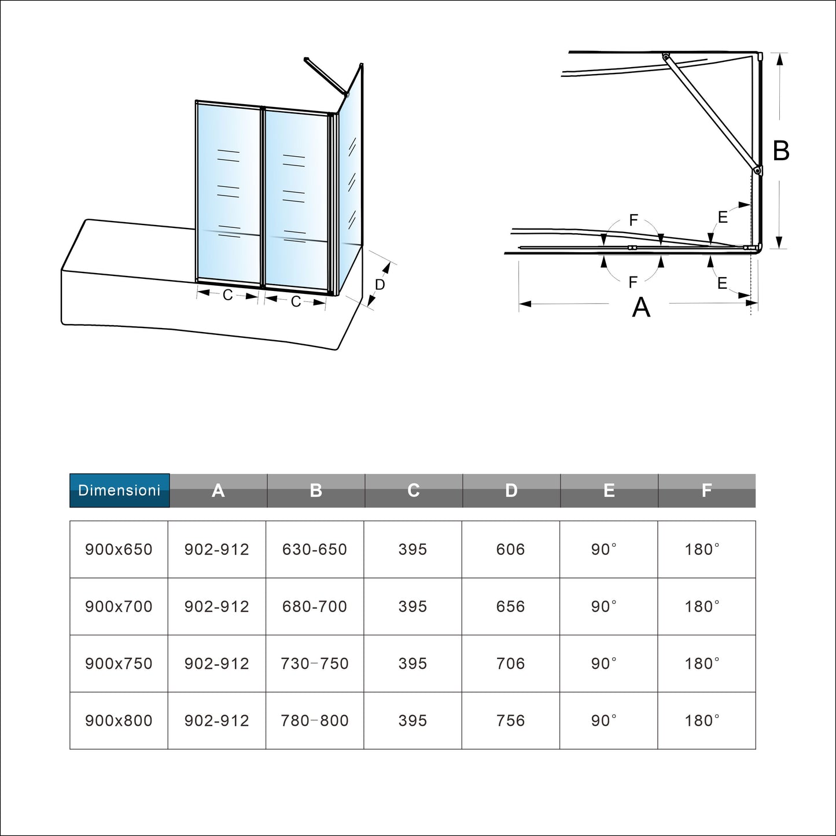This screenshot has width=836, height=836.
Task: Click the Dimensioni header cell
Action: tap(119, 491)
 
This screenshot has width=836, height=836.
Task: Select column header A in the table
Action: tap(218, 491)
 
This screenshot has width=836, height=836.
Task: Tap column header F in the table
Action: tap(706, 491)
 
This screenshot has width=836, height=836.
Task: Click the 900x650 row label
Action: tap(119, 549)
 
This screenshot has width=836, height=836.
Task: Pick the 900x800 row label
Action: tap(119, 720)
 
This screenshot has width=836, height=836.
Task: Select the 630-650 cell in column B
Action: tap(315, 549)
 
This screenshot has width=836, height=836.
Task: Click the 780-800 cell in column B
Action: tap(315, 720)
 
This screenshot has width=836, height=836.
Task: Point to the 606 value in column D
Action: tap(510, 549)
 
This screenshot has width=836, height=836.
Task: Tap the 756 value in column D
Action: tap(510, 720)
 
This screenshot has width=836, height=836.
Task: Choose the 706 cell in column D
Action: tap(510, 664)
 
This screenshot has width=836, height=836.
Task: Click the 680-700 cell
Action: tap(315, 606)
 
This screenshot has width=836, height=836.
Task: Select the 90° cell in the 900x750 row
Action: tap(604, 664)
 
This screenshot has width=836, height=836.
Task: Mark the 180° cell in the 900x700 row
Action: tap(702, 606)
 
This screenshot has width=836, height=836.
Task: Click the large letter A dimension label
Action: tap(641, 307)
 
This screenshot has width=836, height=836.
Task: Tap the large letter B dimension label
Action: tap(781, 151)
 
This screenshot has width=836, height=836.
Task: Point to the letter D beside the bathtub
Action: tap(380, 285)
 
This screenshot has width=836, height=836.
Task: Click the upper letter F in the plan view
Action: tap(634, 220)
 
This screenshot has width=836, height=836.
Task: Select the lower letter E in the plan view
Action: tap(722, 283)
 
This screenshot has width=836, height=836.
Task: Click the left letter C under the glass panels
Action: tap(227, 296)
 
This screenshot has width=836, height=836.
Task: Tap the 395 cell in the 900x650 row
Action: tap(413, 549)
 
